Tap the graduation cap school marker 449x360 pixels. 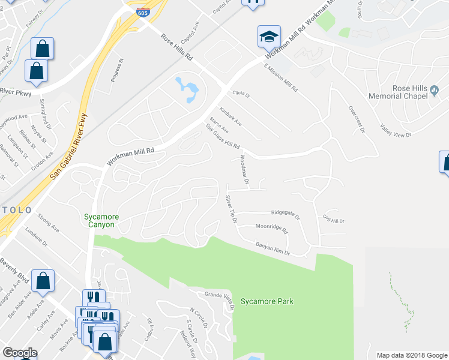(268, 37)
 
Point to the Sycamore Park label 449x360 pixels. (267, 301)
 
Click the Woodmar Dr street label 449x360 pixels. (244, 169)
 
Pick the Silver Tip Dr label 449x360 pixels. (231, 209)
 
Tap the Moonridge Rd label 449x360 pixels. (271, 229)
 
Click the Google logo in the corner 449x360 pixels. (20, 353)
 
